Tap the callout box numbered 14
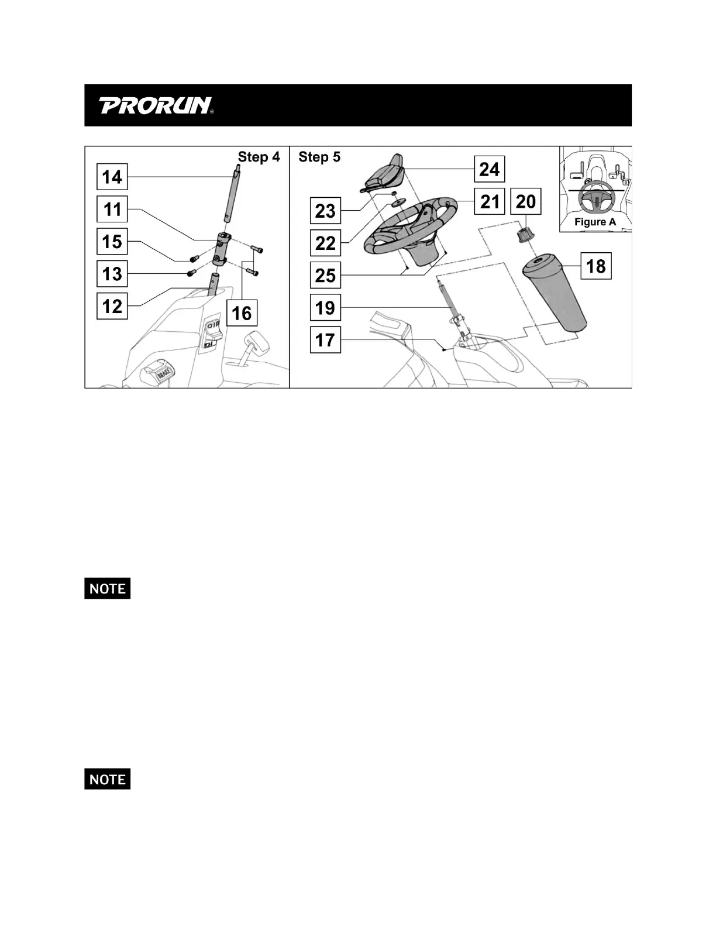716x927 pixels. click(112, 177)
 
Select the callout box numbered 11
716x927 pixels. click(112, 209)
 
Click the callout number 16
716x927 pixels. click(242, 313)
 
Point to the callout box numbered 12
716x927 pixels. click(112, 306)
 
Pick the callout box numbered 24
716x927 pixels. click(489, 169)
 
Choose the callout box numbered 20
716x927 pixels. click(526, 202)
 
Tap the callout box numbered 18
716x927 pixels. click(595, 267)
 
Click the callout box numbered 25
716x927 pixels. click(325, 275)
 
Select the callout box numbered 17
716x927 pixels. click(325, 339)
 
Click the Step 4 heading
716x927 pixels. click(259, 157)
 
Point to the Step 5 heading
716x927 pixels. click(319, 157)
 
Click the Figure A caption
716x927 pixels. click(595, 222)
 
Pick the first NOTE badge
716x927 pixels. click(107, 588)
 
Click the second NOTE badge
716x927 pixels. click(107, 779)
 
